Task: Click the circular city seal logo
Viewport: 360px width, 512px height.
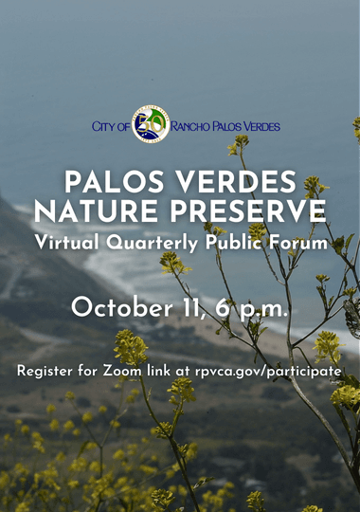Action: coord(150,124)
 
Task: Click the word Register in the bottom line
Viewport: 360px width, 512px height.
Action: coord(47,371)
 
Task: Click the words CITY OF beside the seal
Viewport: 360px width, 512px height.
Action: coord(111,125)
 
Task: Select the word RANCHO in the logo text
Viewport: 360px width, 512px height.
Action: coord(195,125)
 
